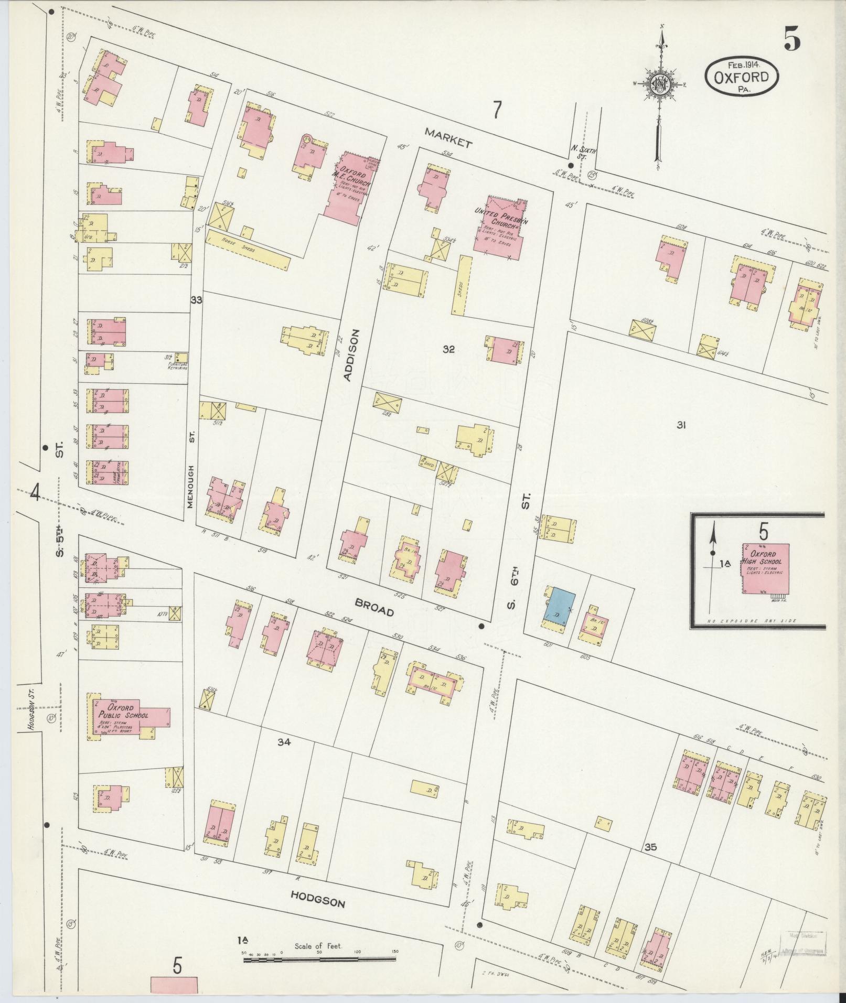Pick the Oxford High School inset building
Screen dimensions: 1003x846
click(x=766, y=568)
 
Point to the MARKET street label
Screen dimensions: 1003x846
click(x=448, y=137)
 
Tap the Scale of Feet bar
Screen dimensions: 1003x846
click(x=319, y=959)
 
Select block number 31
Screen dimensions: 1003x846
click(x=681, y=425)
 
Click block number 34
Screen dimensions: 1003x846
click(x=284, y=741)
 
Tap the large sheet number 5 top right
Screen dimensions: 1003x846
click(x=792, y=39)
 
